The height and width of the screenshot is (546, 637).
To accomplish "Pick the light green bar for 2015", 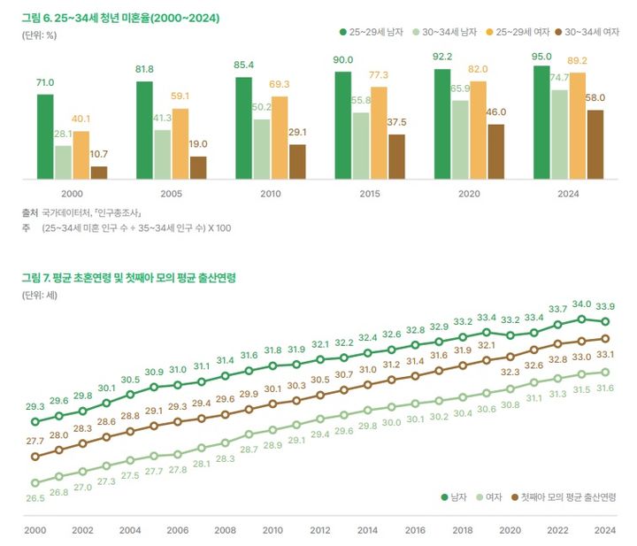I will [x=360, y=145].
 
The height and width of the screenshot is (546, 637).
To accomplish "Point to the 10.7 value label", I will [x=99, y=154].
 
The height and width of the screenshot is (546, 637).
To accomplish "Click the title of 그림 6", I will [x=121, y=17].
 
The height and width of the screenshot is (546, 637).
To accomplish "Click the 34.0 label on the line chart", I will [x=581, y=304].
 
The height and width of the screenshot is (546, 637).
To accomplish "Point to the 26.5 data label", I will [x=35, y=498].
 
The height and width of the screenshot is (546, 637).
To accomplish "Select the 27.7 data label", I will [x=35, y=441].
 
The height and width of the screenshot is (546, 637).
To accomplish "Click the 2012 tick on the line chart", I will [x=319, y=530].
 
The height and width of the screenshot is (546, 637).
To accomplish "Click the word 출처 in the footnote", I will [x=30, y=213].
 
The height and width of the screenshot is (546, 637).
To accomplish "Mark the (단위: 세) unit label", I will [x=40, y=295].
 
